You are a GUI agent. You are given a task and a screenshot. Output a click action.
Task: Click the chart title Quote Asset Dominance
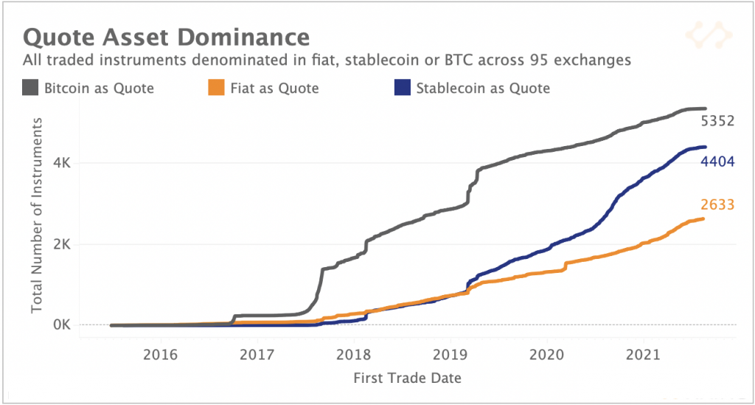coord(166,37)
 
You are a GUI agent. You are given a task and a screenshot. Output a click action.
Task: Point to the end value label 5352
coord(717,121)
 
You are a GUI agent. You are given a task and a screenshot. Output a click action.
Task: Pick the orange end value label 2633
coord(717,205)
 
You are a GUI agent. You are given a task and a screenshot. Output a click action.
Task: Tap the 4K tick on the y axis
coord(60,163)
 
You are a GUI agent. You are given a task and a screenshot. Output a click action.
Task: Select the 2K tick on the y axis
coord(60,244)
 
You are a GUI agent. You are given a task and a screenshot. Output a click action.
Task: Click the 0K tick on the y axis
coord(60,325)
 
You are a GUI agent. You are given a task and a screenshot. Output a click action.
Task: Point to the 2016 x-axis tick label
coord(160,354)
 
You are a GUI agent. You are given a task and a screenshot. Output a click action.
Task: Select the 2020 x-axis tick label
coord(546,354)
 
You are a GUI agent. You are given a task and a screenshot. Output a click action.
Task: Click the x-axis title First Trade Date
coord(408,378)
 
